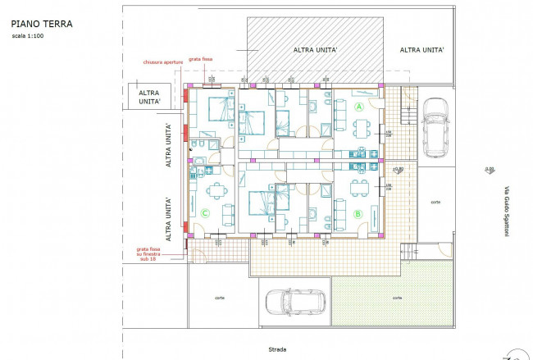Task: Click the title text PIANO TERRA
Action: pos(42,24)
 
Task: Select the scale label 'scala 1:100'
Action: pos(29,36)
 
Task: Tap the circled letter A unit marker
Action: pos(358,107)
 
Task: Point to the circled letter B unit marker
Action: pos(358,215)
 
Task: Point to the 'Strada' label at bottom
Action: pos(277,349)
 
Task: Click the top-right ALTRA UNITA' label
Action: pos(421,50)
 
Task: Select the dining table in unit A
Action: pos(362,127)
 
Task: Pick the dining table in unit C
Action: pos(216,192)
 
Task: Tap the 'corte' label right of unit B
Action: pos(435,201)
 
